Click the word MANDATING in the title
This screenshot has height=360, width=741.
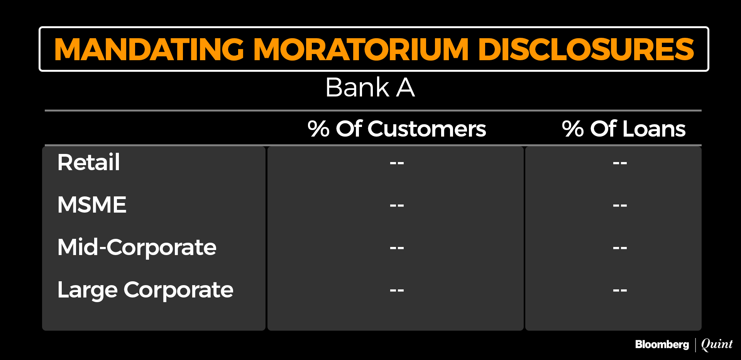149,49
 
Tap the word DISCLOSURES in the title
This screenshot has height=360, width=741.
586,49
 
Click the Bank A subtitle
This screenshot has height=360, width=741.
370,87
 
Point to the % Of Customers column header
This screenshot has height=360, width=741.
397,128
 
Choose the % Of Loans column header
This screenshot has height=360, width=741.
624,128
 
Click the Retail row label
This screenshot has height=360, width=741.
88,162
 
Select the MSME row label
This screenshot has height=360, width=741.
92,205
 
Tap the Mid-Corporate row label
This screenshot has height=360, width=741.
137,247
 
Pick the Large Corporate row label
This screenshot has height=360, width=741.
145,290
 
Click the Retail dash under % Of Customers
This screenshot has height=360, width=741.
397,163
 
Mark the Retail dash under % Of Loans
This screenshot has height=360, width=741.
620,163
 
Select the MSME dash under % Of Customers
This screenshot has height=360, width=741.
397,206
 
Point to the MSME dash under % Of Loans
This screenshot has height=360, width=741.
620,206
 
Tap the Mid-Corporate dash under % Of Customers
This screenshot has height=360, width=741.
397,248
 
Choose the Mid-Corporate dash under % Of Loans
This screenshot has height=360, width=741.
620,248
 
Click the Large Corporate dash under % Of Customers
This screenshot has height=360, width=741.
397,291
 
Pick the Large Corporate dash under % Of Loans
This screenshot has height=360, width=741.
620,291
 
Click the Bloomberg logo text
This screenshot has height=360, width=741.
662,345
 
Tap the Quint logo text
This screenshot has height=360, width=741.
717,344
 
